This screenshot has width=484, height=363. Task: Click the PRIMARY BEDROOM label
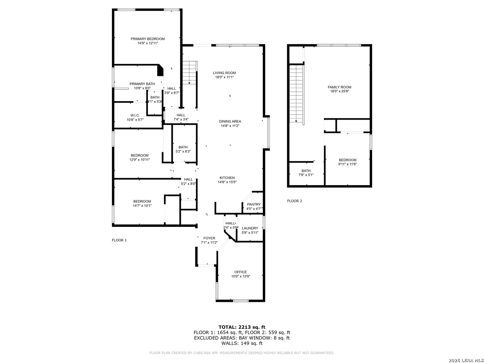tap(148, 39)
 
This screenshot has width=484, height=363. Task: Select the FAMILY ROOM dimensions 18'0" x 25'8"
tap(339, 91)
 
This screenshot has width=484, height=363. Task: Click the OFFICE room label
tap(241, 272)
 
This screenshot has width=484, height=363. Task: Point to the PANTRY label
tap(254, 204)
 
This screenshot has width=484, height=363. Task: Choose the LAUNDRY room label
tap(250, 228)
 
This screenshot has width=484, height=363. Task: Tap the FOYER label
tap(209, 238)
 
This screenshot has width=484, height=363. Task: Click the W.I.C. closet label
tap(135, 115)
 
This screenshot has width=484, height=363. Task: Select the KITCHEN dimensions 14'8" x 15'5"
tap(227, 182)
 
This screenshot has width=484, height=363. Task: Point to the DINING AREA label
tap(230, 122)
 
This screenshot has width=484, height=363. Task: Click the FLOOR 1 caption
tap(119, 240)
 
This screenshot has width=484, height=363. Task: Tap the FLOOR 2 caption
tap(294, 201)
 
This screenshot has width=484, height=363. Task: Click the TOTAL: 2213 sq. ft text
tap(242, 327)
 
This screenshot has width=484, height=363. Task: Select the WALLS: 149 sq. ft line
tap(242, 343)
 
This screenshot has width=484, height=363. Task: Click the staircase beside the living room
tap(190, 72)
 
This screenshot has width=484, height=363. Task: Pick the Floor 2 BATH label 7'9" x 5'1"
tap(306, 171)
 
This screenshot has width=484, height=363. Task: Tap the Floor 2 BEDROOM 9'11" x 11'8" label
tap(348, 160)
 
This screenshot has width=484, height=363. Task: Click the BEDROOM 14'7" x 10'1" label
tap(142, 202)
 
